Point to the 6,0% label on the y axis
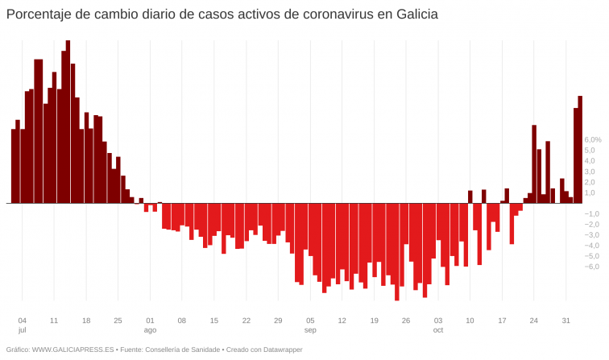[592, 139]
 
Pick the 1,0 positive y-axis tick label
[590, 192]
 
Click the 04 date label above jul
[22, 320]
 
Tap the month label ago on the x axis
[150, 330]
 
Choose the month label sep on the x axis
[310, 330]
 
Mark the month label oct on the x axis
[438, 330]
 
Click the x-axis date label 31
[566, 320]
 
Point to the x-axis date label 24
[533, 320]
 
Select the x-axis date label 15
[214, 320]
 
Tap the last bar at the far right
[579, 149]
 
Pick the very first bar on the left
[14, 165]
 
